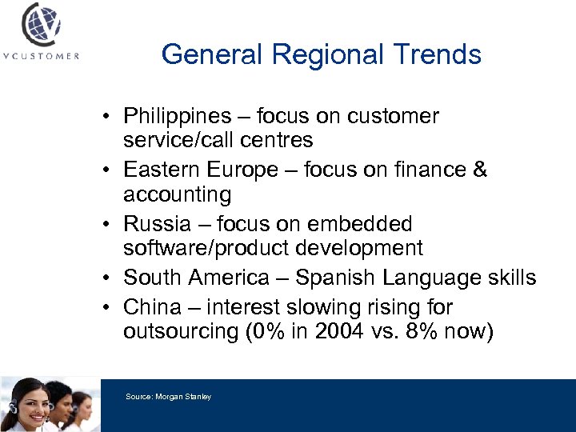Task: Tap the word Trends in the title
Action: (439, 54)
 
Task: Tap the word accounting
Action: (177, 194)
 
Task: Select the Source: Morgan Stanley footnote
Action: (168, 397)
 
